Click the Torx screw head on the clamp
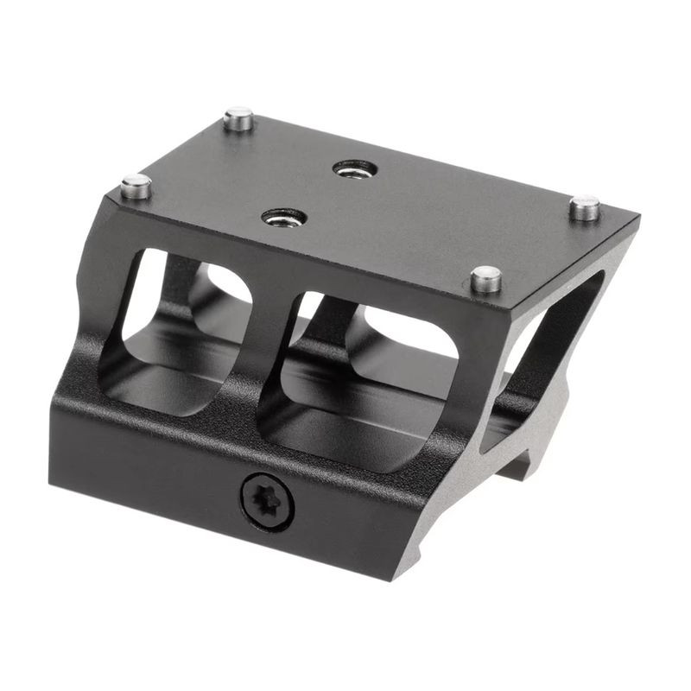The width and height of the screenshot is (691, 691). tap(267, 500)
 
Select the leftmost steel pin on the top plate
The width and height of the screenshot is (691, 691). tap(136, 186)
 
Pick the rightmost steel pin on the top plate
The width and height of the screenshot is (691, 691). tap(585, 207)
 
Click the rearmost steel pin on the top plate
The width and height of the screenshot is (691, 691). tap(239, 118)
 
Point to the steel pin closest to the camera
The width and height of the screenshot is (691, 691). tap(486, 278)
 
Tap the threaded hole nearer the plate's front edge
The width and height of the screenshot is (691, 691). tap(284, 216)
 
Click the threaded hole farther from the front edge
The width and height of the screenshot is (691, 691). tap(355, 168)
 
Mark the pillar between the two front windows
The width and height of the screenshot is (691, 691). tap(269, 354)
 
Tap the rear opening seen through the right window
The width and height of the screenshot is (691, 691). tap(406, 337)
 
